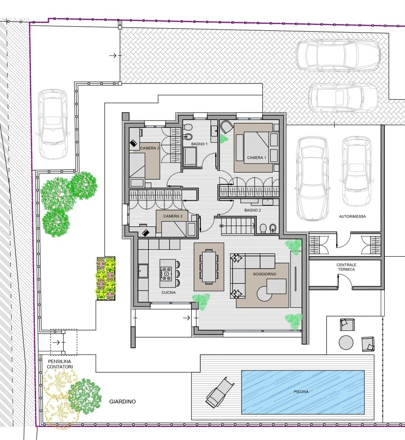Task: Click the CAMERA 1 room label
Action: [256, 157]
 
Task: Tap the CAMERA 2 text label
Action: [149, 148]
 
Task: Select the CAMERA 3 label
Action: [173, 216]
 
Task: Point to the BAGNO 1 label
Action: [199, 144]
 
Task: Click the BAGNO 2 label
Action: [253, 210]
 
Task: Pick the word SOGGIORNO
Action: [264, 274]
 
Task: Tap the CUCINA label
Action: [169, 292]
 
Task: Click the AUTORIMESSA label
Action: [352, 217]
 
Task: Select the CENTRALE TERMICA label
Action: [346, 267]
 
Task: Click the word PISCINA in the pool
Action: [301, 391]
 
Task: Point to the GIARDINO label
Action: [123, 402]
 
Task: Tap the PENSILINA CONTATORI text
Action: [60, 364]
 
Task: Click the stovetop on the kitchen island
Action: [166, 274]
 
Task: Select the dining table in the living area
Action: [209, 266]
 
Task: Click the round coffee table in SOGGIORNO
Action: [264, 294]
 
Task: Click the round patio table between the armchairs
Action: [346, 343]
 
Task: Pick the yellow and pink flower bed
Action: [106, 279]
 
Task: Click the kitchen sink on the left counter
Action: [143, 271]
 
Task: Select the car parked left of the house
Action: [53, 124]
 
